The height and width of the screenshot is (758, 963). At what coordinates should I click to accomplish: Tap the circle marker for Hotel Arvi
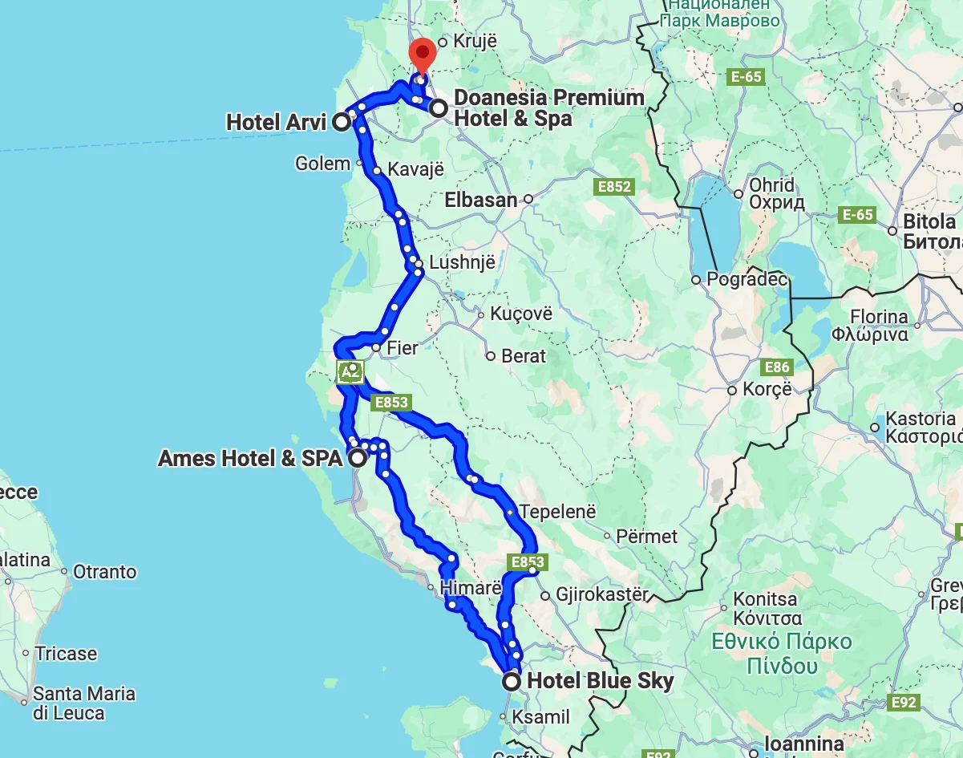click(342, 122)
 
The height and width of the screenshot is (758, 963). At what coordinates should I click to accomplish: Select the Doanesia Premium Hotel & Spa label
click(548, 108)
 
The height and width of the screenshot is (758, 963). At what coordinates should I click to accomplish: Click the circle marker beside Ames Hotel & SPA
click(357, 458)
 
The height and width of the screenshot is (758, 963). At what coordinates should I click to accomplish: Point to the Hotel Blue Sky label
click(601, 681)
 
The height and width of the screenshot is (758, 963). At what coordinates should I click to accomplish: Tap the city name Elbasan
click(481, 200)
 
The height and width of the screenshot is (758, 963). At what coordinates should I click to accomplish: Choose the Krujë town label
click(475, 42)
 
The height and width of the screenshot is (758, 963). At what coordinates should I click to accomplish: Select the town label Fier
click(403, 348)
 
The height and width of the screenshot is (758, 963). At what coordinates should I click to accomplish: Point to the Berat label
click(524, 355)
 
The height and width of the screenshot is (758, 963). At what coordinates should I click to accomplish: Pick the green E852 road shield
click(614, 187)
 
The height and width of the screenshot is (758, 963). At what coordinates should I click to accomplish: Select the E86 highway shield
click(777, 367)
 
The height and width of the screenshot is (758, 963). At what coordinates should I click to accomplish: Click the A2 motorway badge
click(350, 371)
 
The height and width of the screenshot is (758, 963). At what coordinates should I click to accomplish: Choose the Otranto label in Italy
click(105, 572)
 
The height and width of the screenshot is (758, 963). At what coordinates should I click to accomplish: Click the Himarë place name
click(471, 587)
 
